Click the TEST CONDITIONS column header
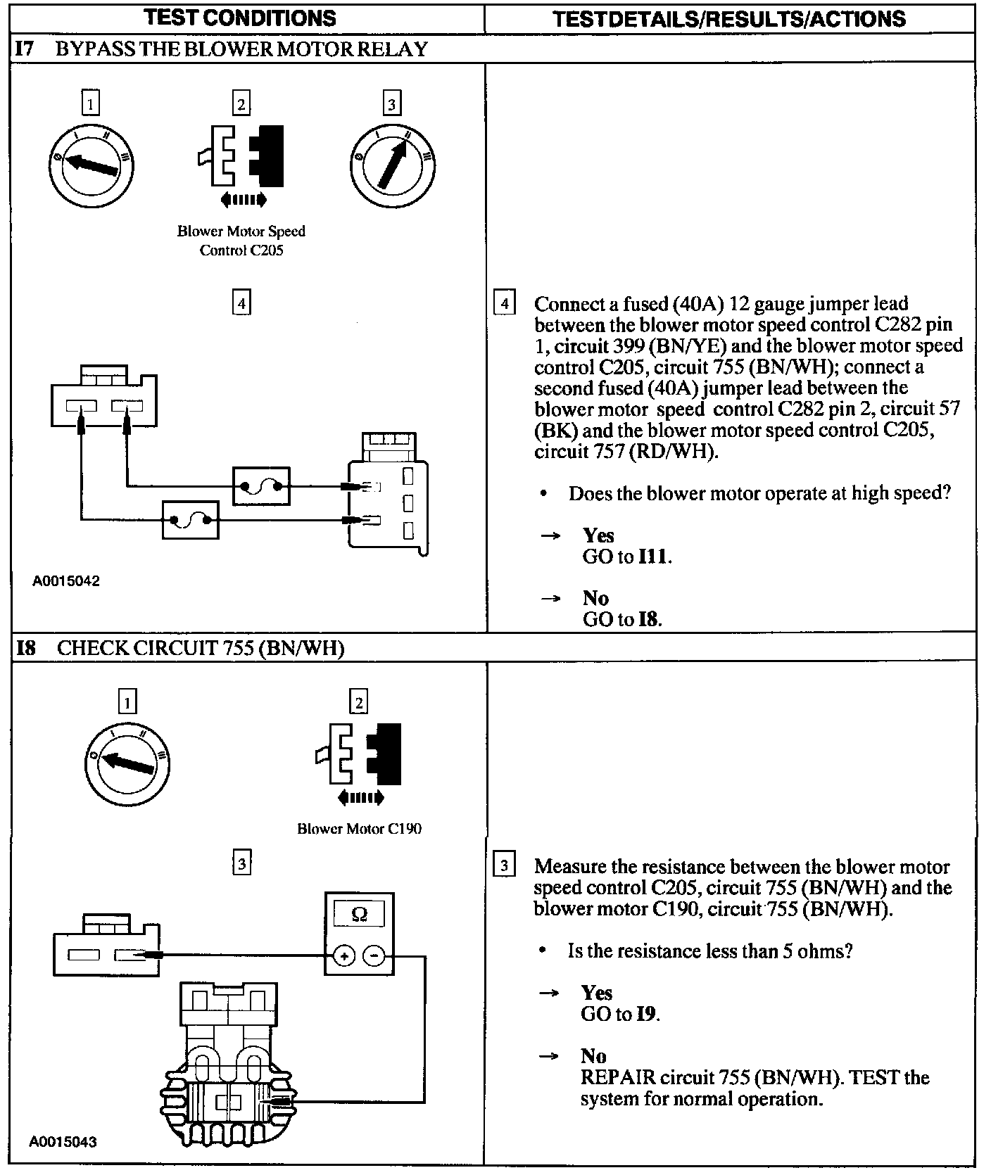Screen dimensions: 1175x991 click(239, 18)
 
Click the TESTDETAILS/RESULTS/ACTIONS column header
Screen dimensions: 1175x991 click(729, 18)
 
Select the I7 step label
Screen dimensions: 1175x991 click(24, 49)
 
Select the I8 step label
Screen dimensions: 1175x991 click(26, 647)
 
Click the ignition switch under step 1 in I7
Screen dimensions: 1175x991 click(91, 165)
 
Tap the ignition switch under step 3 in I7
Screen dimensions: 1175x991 click(392, 165)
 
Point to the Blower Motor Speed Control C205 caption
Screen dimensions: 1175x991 click(241, 241)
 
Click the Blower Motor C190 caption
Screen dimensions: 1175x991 click(359, 828)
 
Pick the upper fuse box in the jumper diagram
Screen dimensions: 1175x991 click(261, 485)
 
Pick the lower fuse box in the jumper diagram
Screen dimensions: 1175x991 click(190, 521)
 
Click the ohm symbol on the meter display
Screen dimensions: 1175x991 click(359, 914)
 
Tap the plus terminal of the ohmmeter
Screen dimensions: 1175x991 click(343, 955)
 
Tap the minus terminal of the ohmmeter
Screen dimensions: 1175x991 click(374, 955)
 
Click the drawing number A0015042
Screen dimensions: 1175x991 click(66, 581)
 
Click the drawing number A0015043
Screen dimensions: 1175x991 click(63, 1142)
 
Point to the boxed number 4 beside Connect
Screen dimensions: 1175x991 click(504, 304)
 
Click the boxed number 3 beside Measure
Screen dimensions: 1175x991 click(503, 865)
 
